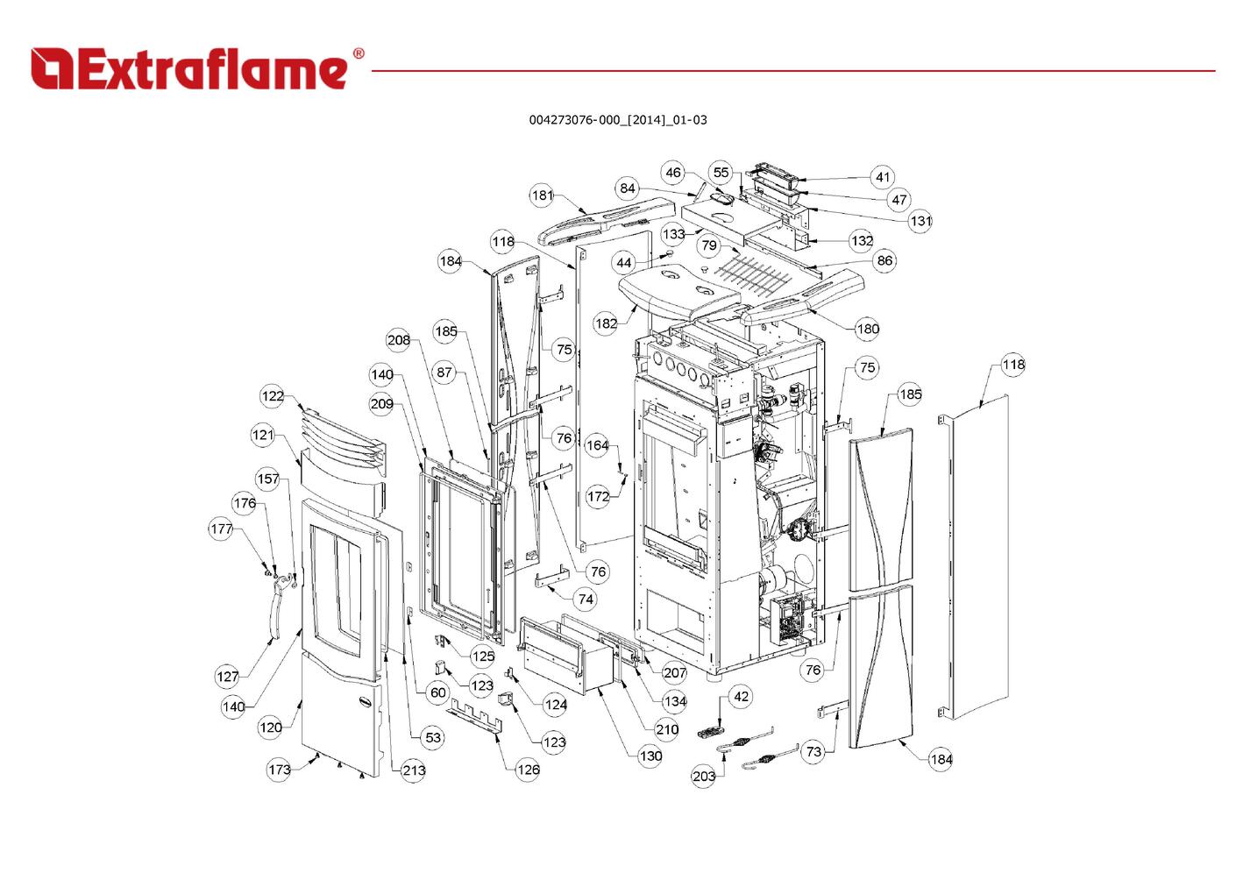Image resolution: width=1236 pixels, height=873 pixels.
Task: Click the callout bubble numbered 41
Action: point(883,177)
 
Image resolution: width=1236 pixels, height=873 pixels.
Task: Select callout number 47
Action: point(899,200)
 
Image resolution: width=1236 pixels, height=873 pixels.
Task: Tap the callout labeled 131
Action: point(920,221)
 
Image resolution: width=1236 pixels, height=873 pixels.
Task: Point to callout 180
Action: point(868,329)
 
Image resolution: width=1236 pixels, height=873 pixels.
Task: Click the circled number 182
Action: point(606,323)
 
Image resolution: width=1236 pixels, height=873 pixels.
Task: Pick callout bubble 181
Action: point(542,195)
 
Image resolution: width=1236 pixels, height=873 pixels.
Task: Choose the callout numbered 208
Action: point(398,340)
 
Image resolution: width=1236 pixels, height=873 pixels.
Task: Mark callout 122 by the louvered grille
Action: point(272,395)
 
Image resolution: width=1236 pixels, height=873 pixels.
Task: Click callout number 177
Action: point(221,529)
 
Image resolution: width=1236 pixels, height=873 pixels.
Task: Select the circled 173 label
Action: point(279,770)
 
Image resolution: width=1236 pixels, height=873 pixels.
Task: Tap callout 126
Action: point(528,770)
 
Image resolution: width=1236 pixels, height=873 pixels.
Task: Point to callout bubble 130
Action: point(650,756)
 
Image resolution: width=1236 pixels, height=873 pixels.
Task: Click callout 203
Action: point(704,776)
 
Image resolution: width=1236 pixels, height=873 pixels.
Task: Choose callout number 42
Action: point(741,697)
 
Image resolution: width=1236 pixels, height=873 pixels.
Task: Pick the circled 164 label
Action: point(597,444)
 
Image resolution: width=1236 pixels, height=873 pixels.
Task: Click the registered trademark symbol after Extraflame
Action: point(359,53)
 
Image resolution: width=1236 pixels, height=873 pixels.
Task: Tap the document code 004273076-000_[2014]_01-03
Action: point(618,120)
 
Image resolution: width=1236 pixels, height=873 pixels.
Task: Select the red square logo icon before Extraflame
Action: point(52,68)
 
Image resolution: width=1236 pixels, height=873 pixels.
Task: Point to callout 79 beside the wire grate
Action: point(709,245)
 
